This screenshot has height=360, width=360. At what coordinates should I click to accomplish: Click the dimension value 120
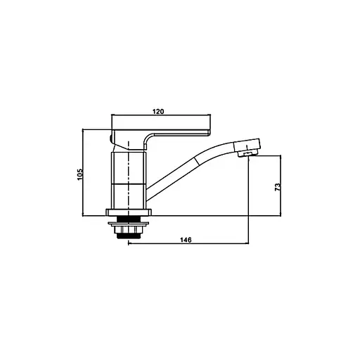tap(158, 111)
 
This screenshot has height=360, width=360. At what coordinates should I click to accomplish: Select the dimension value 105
tap(80, 174)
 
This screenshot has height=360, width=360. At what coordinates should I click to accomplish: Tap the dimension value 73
tap(278, 187)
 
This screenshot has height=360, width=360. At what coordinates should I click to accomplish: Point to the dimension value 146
tap(186, 240)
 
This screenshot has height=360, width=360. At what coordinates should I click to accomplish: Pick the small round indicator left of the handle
tap(110, 138)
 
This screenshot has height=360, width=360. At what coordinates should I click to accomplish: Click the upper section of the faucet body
tap(129, 167)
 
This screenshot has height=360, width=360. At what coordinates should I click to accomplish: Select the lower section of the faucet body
tap(129, 196)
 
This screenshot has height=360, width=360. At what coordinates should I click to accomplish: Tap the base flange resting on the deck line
tap(129, 212)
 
